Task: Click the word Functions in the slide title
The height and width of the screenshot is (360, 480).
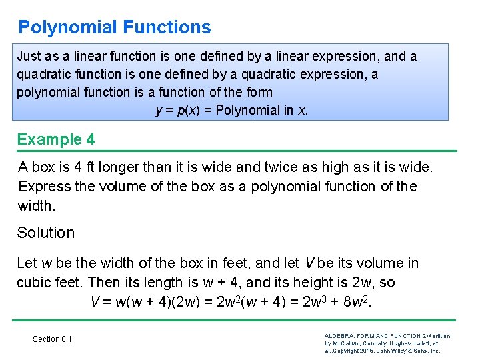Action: [167, 27]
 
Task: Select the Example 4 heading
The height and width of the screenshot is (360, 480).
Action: [56, 139]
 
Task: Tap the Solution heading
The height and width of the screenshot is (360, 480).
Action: [46, 233]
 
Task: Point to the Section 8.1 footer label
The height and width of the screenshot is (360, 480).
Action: [52, 339]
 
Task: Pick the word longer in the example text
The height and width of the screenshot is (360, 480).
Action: [129, 167]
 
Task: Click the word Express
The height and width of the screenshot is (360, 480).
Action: [45, 187]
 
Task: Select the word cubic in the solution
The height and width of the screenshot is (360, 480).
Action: [35, 283]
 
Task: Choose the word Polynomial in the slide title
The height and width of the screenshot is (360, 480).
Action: [68, 27]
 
